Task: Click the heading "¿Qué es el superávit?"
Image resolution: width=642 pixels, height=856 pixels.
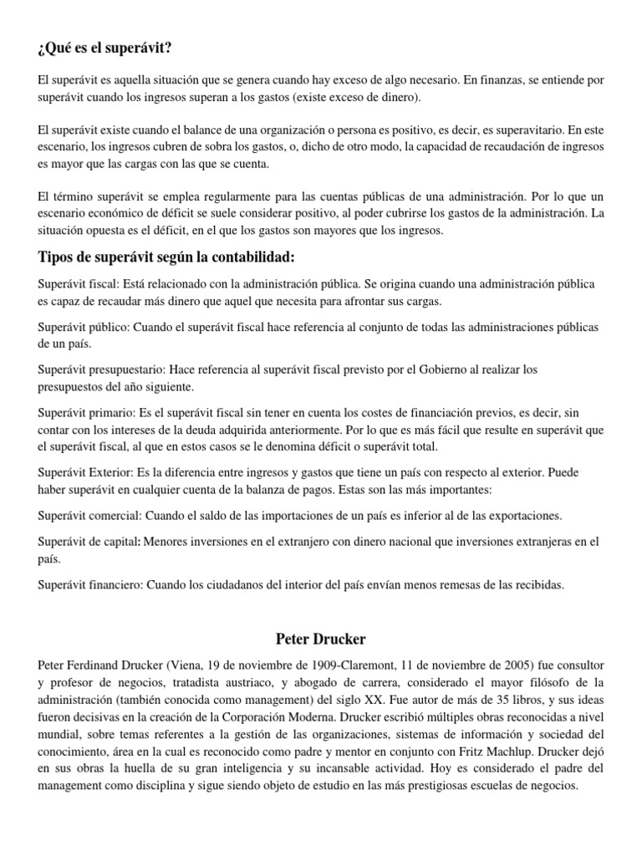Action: coord(104,49)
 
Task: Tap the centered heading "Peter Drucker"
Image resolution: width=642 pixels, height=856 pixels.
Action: coord(320,639)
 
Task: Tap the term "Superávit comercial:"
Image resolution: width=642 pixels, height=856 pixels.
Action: coord(91,515)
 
